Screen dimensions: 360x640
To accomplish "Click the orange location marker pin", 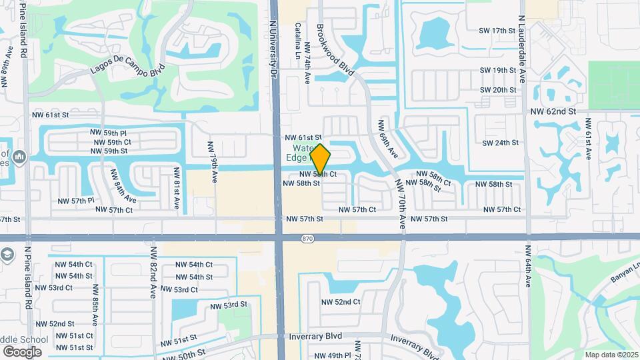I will pyautogui.click(x=320, y=160).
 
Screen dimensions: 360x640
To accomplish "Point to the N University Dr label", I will pyautogui.click(x=273, y=41).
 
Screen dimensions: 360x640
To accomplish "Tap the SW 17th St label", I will pyautogui.click(x=498, y=31).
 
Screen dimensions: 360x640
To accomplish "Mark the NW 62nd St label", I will pyautogui.click(x=553, y=111).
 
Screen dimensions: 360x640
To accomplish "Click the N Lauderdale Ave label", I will pyautogui.click(x=523, y=40).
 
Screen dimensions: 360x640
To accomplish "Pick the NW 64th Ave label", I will pyautogui.click(x=527, y=267).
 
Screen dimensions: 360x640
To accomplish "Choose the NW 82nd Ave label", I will pyautogui.click(x=153, y=273).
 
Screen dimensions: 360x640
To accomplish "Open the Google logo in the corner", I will pyautogui.click(x=22, y=352).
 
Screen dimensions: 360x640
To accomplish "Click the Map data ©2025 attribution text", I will pyautogui.click(x=611, y=355).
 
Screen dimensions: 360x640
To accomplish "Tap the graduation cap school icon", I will pyautogui.click(x=7, y=255).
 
